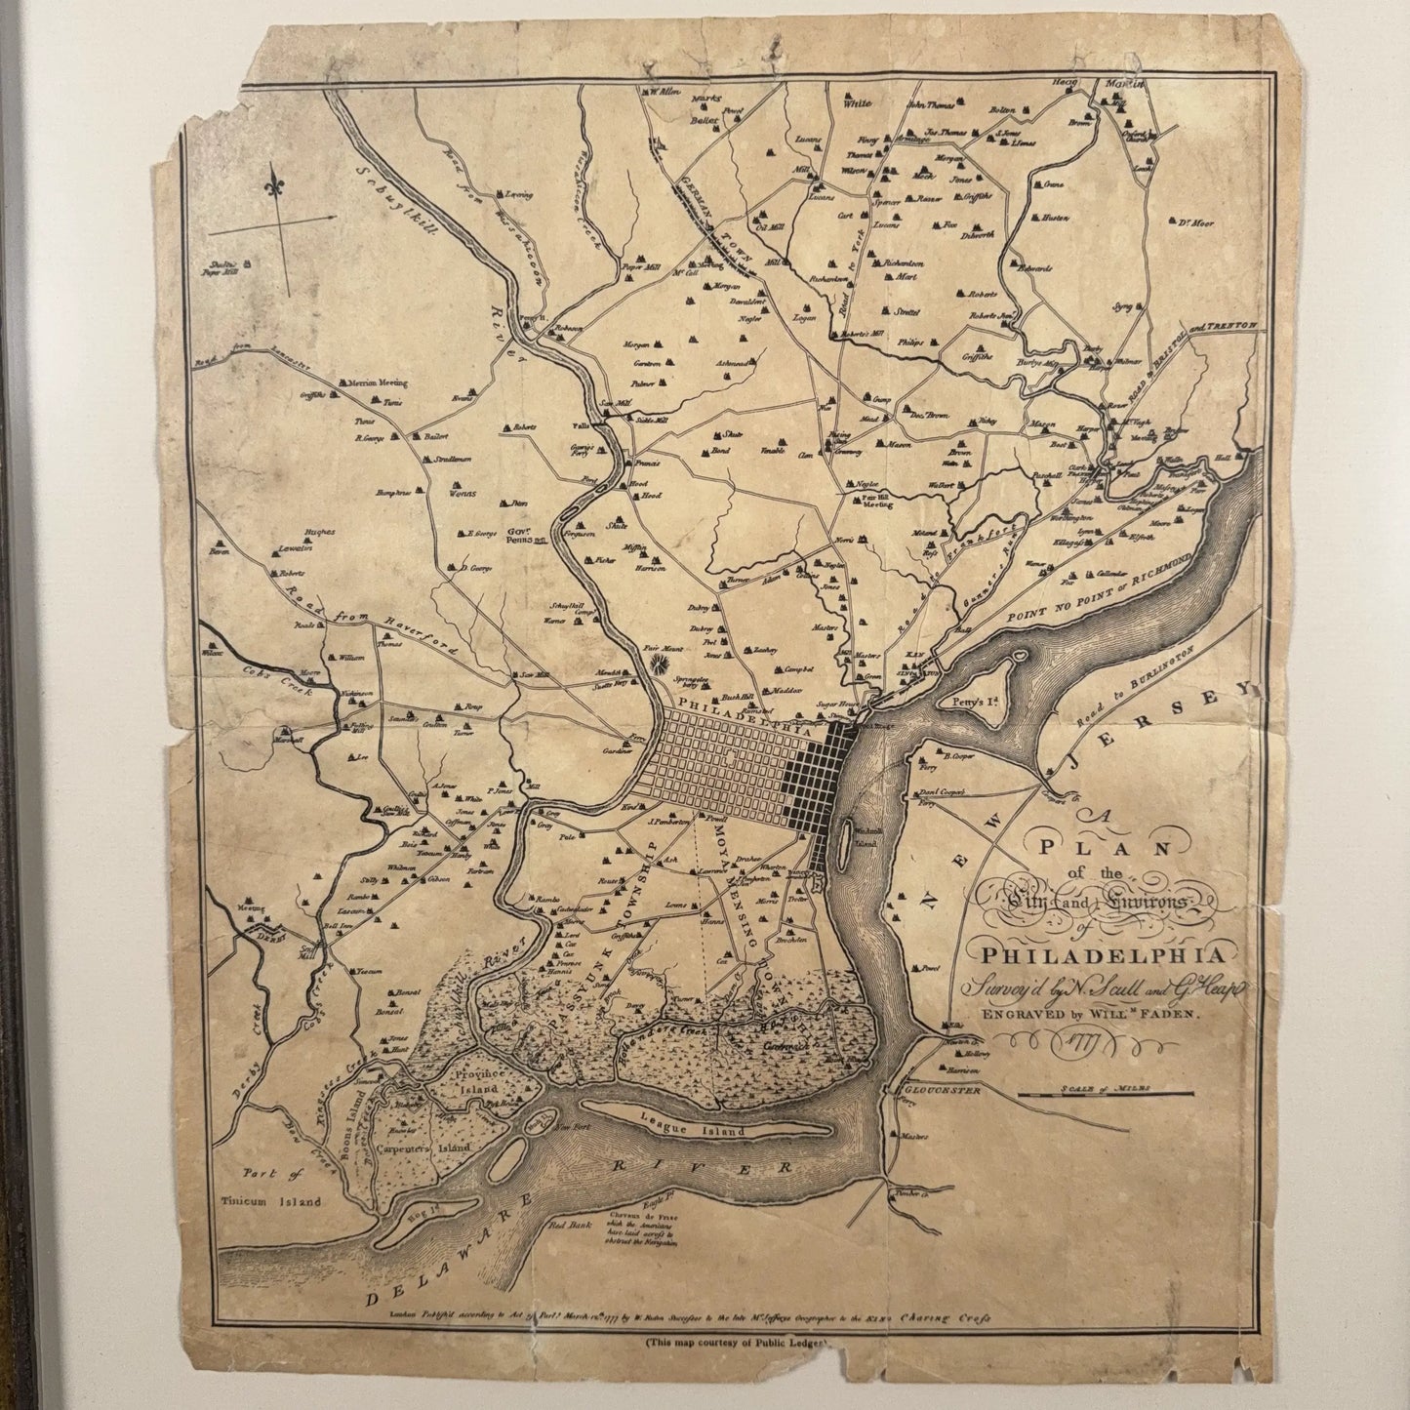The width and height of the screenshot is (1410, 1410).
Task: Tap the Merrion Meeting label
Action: click(372, 383)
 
